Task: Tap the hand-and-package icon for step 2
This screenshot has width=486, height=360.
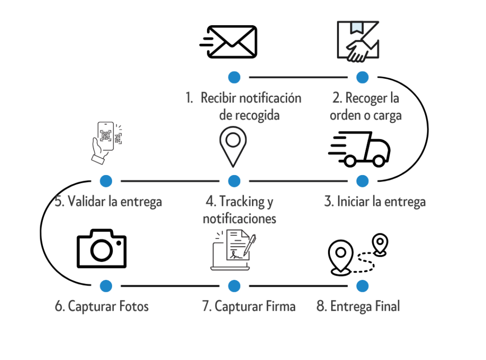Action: (x=358, y=41)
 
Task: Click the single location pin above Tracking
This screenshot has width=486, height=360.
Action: (x=233, y=145)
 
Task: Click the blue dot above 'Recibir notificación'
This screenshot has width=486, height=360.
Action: (x=234, y=77)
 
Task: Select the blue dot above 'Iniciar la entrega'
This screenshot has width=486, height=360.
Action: (x=362, y=181)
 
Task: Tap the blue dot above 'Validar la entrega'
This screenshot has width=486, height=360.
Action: (x=106, y=181)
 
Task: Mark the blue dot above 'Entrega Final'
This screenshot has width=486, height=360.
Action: (x=362, y=286)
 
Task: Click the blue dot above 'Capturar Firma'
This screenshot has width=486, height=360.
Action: (x=234, y=286)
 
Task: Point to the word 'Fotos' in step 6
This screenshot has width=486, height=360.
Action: (x=131, y=306)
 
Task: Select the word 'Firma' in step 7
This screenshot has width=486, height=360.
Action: (x=280, y=306)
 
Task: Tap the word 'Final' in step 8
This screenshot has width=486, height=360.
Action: (x=387, y=306)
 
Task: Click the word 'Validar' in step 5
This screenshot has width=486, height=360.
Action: (x=86, y=202)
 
